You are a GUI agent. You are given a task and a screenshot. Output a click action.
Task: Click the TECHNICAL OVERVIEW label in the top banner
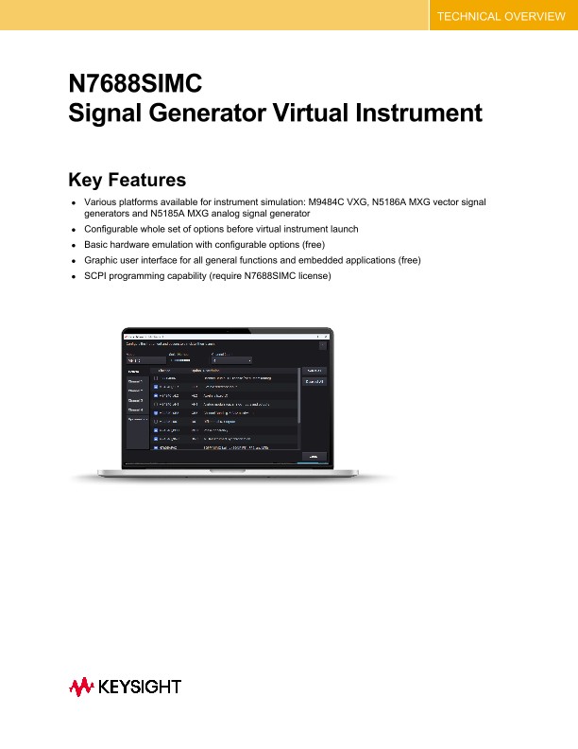[x=501, y=17]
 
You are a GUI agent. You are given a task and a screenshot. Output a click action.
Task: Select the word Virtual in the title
[x=331, y=113]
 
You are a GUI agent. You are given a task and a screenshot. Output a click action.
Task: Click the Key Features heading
[x=127, y=180]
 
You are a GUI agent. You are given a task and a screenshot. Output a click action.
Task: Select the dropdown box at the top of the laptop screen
[x=232, y=359]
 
